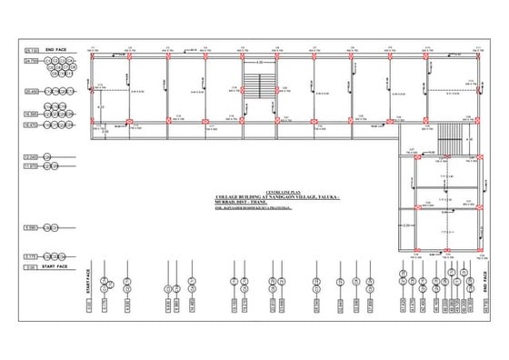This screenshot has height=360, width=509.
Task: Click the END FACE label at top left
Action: click(x=56, y=48)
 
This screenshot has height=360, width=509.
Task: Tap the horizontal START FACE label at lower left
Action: click(x=56, y=267)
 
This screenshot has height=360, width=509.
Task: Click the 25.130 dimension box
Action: click(x=31, y=48)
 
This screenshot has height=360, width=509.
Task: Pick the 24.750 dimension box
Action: click(x=31, y=61)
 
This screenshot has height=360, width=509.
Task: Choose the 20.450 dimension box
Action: click(x=31, y=92)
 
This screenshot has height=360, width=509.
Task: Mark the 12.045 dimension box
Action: click(x=31, y=157)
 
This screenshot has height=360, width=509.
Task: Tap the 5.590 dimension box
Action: click(x=31, y=227)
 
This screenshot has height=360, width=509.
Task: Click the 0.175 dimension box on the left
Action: click(x=31, y=256)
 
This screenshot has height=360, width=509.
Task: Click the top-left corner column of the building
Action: click(x=94, y=57)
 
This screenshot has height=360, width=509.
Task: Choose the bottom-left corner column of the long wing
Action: click(x=94, y=122)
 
